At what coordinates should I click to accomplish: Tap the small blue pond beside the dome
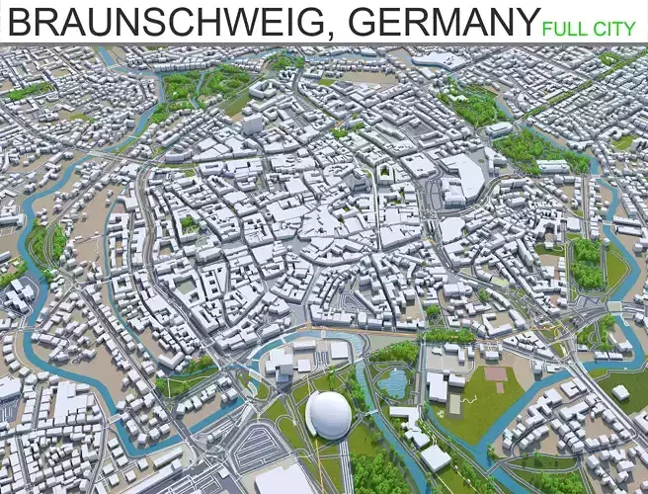(395, 380)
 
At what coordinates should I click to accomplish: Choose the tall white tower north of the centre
(253, 124)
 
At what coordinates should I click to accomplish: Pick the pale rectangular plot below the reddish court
(454, 404)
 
